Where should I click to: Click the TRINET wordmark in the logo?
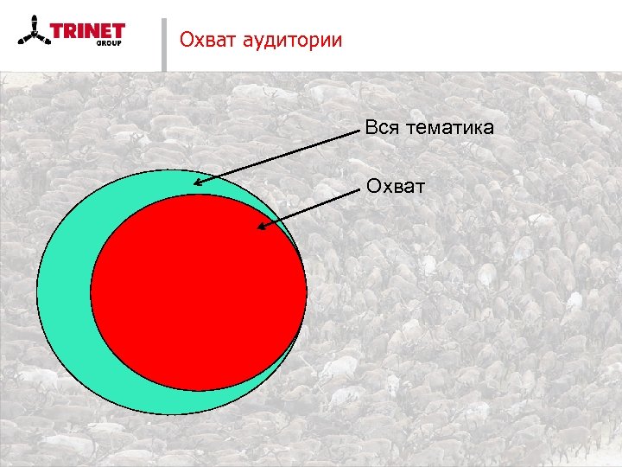click(x=87, y=32)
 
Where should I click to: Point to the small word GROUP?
click(x=108, y=42)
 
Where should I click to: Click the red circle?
click(x=199, y=294)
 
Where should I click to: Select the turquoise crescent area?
click(x=65, y=294)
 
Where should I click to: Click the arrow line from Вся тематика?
click(x=276, y=156)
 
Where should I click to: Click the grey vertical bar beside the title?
click(x=163, y=43)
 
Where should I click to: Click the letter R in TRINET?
click(x=69, y=32)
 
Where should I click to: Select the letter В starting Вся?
click(x=371, y=128)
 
